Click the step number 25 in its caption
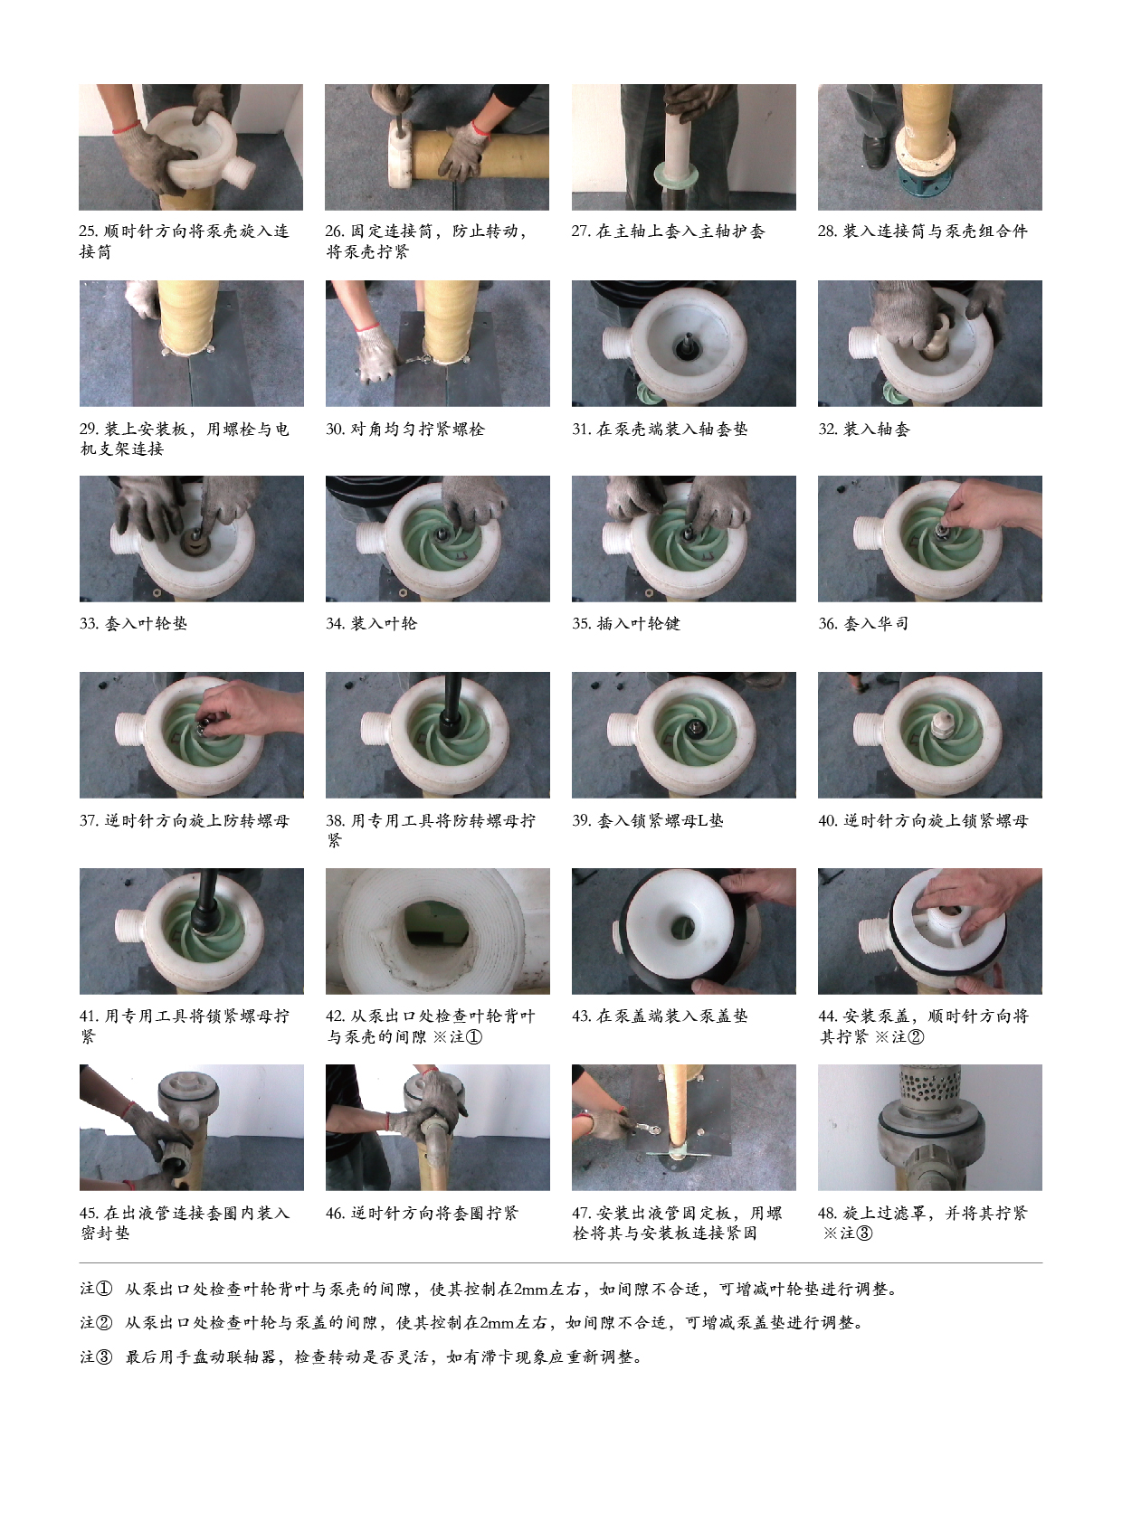click(x=89, y=232)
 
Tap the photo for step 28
click(x=929, y=147)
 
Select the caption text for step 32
click(x=864, y=429)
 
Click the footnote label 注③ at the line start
click(x=96, y=1357)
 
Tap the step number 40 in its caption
click(x=828, y=821)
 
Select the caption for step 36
click(x=863, y=624)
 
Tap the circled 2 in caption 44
click(x=916, y=1037)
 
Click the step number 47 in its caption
click(x=582, y=1214)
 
